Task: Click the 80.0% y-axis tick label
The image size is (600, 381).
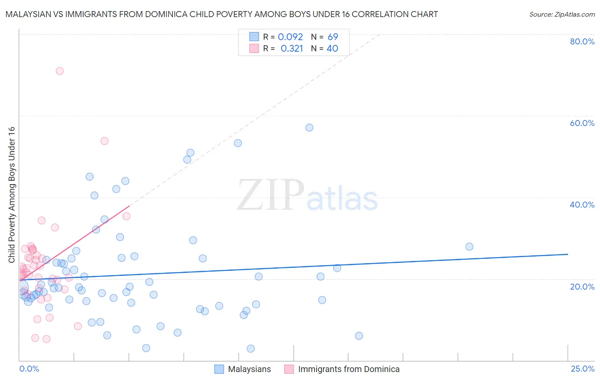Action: click(x=582, y=41)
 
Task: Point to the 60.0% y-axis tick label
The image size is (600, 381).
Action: click(x=582, y=123)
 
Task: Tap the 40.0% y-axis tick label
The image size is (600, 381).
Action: click(x=582, y=205)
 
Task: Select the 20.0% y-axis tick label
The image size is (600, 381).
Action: click(x=582, y=287)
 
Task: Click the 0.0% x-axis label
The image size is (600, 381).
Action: click(x=29, y=369)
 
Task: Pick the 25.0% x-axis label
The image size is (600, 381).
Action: click(x=583, y=369)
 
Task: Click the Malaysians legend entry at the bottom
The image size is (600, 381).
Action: click(x=249, y=369)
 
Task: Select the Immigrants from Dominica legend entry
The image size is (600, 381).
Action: click(x=349, y=369)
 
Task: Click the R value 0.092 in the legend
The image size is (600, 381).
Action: click(x=290, y=37)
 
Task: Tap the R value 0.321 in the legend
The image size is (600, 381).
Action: click(x=292, y=49)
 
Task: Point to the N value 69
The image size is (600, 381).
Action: click(x=333, y=37)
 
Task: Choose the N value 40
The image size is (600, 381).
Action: click(x=332, y=49)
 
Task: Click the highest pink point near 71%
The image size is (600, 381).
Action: click(x=60, y=71)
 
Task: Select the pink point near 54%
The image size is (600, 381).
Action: click(x=105, y=141)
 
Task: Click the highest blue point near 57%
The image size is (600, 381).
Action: click(x=309, y=128)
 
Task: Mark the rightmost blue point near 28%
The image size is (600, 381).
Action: click(x=469, y=246)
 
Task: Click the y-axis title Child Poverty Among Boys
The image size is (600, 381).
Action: click(x=12, y=195)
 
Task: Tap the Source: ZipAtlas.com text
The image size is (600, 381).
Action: click(x=562, y=15)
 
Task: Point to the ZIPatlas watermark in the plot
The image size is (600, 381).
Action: click(x=307, y=195)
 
